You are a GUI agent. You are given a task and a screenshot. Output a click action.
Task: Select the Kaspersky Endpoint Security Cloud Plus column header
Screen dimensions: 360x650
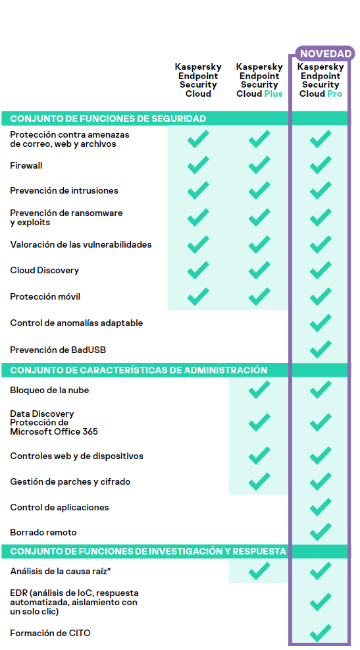pos(259,80)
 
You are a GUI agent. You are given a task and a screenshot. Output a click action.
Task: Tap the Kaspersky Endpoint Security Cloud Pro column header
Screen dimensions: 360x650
pos(321,80)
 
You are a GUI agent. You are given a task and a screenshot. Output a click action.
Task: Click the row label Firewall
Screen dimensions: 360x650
pos(26,165)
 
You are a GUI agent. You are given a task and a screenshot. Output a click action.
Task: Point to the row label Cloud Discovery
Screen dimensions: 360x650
pos(44,270)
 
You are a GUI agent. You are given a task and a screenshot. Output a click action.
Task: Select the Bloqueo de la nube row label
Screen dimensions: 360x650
pos(49,390)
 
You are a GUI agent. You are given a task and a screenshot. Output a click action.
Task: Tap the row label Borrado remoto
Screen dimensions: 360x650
pos(43,531)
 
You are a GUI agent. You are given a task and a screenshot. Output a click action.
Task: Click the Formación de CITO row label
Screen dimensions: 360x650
pos(50,633)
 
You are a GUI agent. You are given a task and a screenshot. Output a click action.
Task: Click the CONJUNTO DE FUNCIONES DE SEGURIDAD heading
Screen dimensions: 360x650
pos(108,119)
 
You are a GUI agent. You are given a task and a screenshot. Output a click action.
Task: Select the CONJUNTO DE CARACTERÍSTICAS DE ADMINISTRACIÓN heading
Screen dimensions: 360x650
pos(138,370)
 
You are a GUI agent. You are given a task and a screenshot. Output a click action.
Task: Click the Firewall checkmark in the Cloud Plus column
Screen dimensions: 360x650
pos(259,165)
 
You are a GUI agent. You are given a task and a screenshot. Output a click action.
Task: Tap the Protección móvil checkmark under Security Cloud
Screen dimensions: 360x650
pos(198,296)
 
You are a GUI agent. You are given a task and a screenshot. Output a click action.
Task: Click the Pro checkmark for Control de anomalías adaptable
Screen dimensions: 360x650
pos(321,323)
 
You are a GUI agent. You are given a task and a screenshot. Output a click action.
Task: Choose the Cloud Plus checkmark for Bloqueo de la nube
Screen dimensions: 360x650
pos(259,390)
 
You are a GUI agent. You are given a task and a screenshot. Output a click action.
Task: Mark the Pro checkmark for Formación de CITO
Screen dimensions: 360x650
pos(321,633)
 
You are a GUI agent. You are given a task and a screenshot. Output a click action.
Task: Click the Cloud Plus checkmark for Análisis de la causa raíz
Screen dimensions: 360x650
pos(259,571)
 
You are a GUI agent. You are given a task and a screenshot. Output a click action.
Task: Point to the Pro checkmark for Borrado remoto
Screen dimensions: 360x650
pos(321,531)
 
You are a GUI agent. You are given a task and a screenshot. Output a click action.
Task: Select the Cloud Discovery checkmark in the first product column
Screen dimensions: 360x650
pos(198,270)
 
